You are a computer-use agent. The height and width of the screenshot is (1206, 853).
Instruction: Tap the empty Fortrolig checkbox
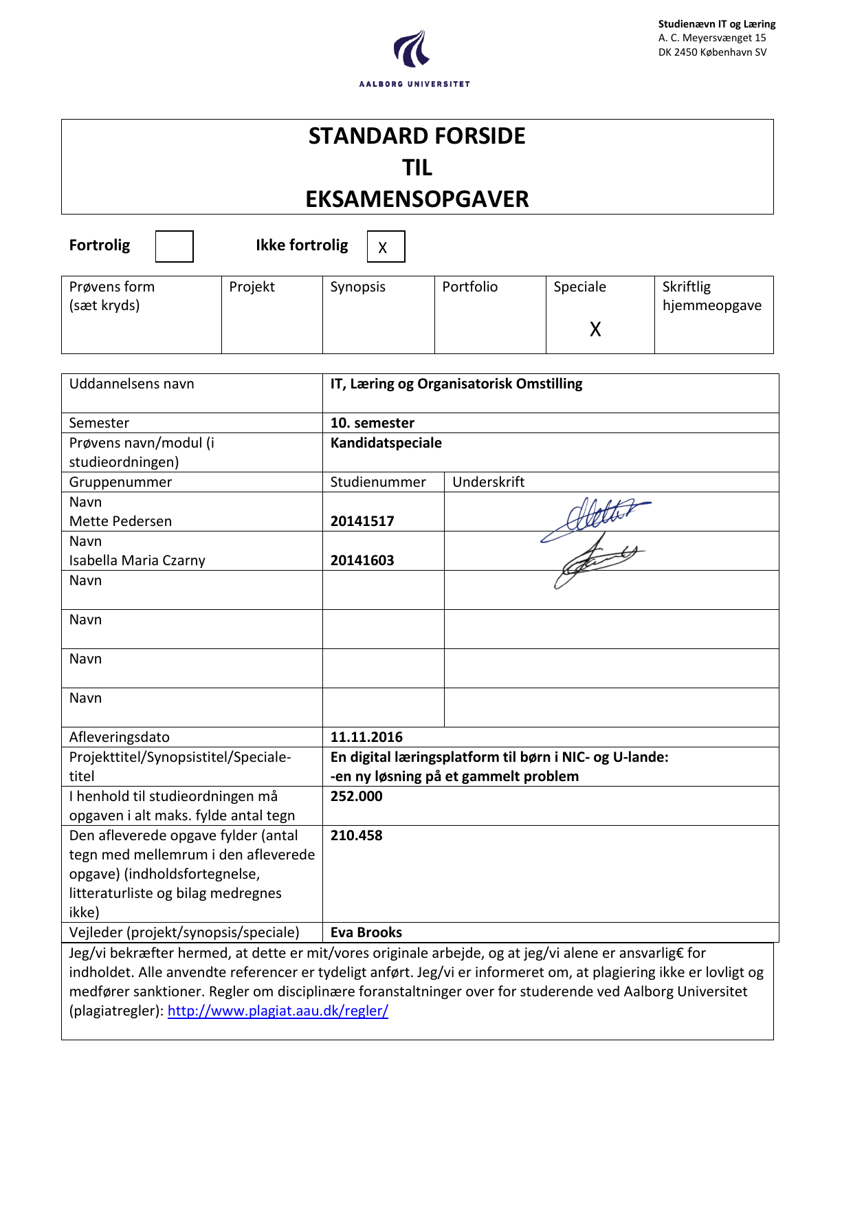click(174, 246)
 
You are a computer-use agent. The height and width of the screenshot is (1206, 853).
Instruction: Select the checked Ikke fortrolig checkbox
click(386, 247)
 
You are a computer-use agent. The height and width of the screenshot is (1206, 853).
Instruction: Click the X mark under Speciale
click(595, 329)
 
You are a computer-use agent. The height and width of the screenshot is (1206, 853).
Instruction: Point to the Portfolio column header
click(469, 287)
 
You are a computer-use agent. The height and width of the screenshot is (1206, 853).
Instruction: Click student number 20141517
click(362, 521)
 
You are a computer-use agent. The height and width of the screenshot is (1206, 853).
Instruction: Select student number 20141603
click(362, 560)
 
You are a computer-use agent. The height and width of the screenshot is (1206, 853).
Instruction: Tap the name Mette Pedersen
click(120, 521)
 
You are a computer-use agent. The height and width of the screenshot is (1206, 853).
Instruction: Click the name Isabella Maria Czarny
click(137, 560)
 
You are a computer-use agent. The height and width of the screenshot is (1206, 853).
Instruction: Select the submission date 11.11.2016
click(366, 737)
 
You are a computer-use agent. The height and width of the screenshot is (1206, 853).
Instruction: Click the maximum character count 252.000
click(356, 796)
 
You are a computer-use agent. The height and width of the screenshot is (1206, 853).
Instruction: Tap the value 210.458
click(356, 835)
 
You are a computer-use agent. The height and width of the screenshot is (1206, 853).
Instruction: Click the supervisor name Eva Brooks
click(366, 932)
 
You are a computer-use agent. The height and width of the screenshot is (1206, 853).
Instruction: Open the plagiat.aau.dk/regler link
click(278, 1011)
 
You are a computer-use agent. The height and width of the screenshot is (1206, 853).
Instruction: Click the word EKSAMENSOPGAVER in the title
click(417, 199)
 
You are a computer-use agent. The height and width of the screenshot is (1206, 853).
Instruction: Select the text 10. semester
click(372, 423)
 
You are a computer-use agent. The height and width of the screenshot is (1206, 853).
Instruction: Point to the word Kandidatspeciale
click(386, 443)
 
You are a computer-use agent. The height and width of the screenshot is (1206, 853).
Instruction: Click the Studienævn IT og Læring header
click(716, 24)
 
